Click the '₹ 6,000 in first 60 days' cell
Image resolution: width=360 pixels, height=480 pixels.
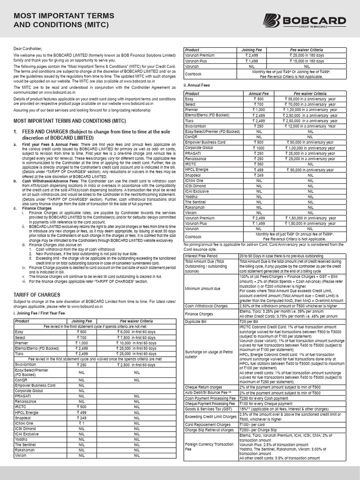point(137,331)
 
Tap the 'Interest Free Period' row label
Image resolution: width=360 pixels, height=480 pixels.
point(201,256)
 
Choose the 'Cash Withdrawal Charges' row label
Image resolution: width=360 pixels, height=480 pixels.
point(207,306)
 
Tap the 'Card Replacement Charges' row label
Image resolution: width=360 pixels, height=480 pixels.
point(208,425)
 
